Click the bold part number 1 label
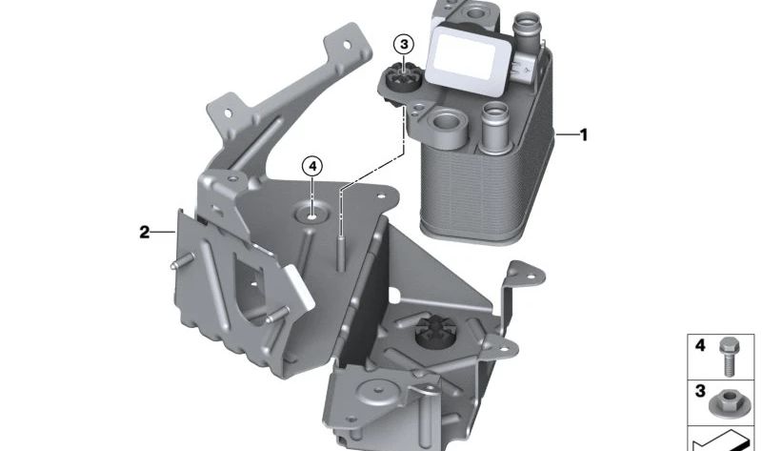(x=584, y=135)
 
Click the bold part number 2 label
(x=145, y=232)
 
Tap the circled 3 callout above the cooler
(x=404, y=45)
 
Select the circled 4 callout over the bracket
(x=313, y=166)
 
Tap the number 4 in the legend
(x=700, y=346)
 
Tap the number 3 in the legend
(x=700, y=392)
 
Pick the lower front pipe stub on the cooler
(x=493, y=124)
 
